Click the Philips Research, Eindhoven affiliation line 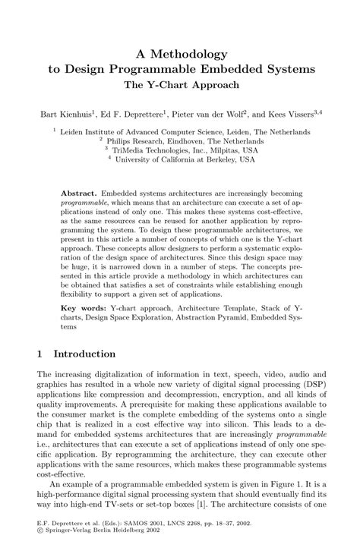click(185, 140)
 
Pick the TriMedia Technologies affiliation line click(185, 149)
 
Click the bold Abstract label click(79, 194)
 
